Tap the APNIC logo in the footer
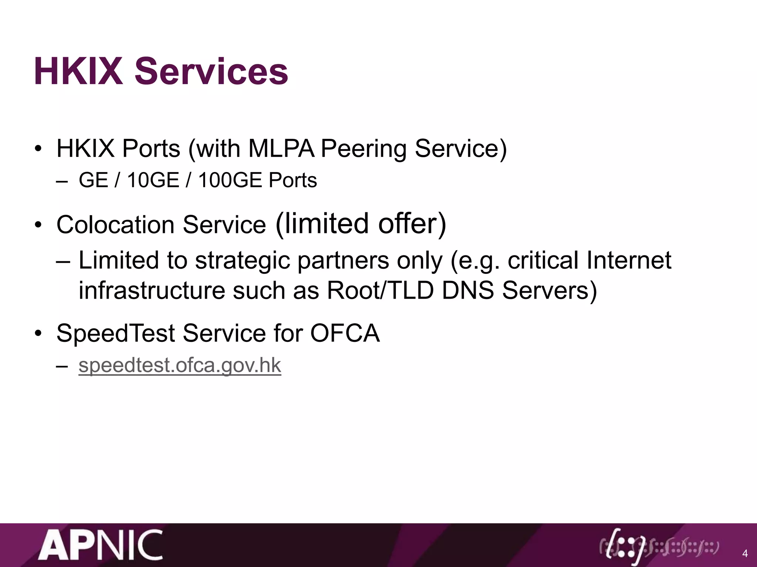(x=101, y=545)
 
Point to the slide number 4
(x=744, y=554)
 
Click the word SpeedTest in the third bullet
(x=115, y=333)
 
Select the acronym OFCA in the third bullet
(x=344, y=333)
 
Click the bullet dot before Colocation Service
(x=38, y=225)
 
